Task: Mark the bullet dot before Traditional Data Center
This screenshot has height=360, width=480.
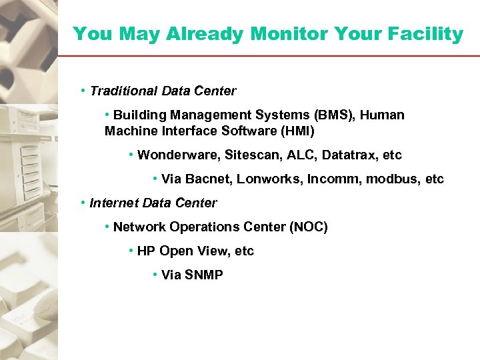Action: [83, 90]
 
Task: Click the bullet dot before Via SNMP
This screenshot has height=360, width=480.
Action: [155, 275]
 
